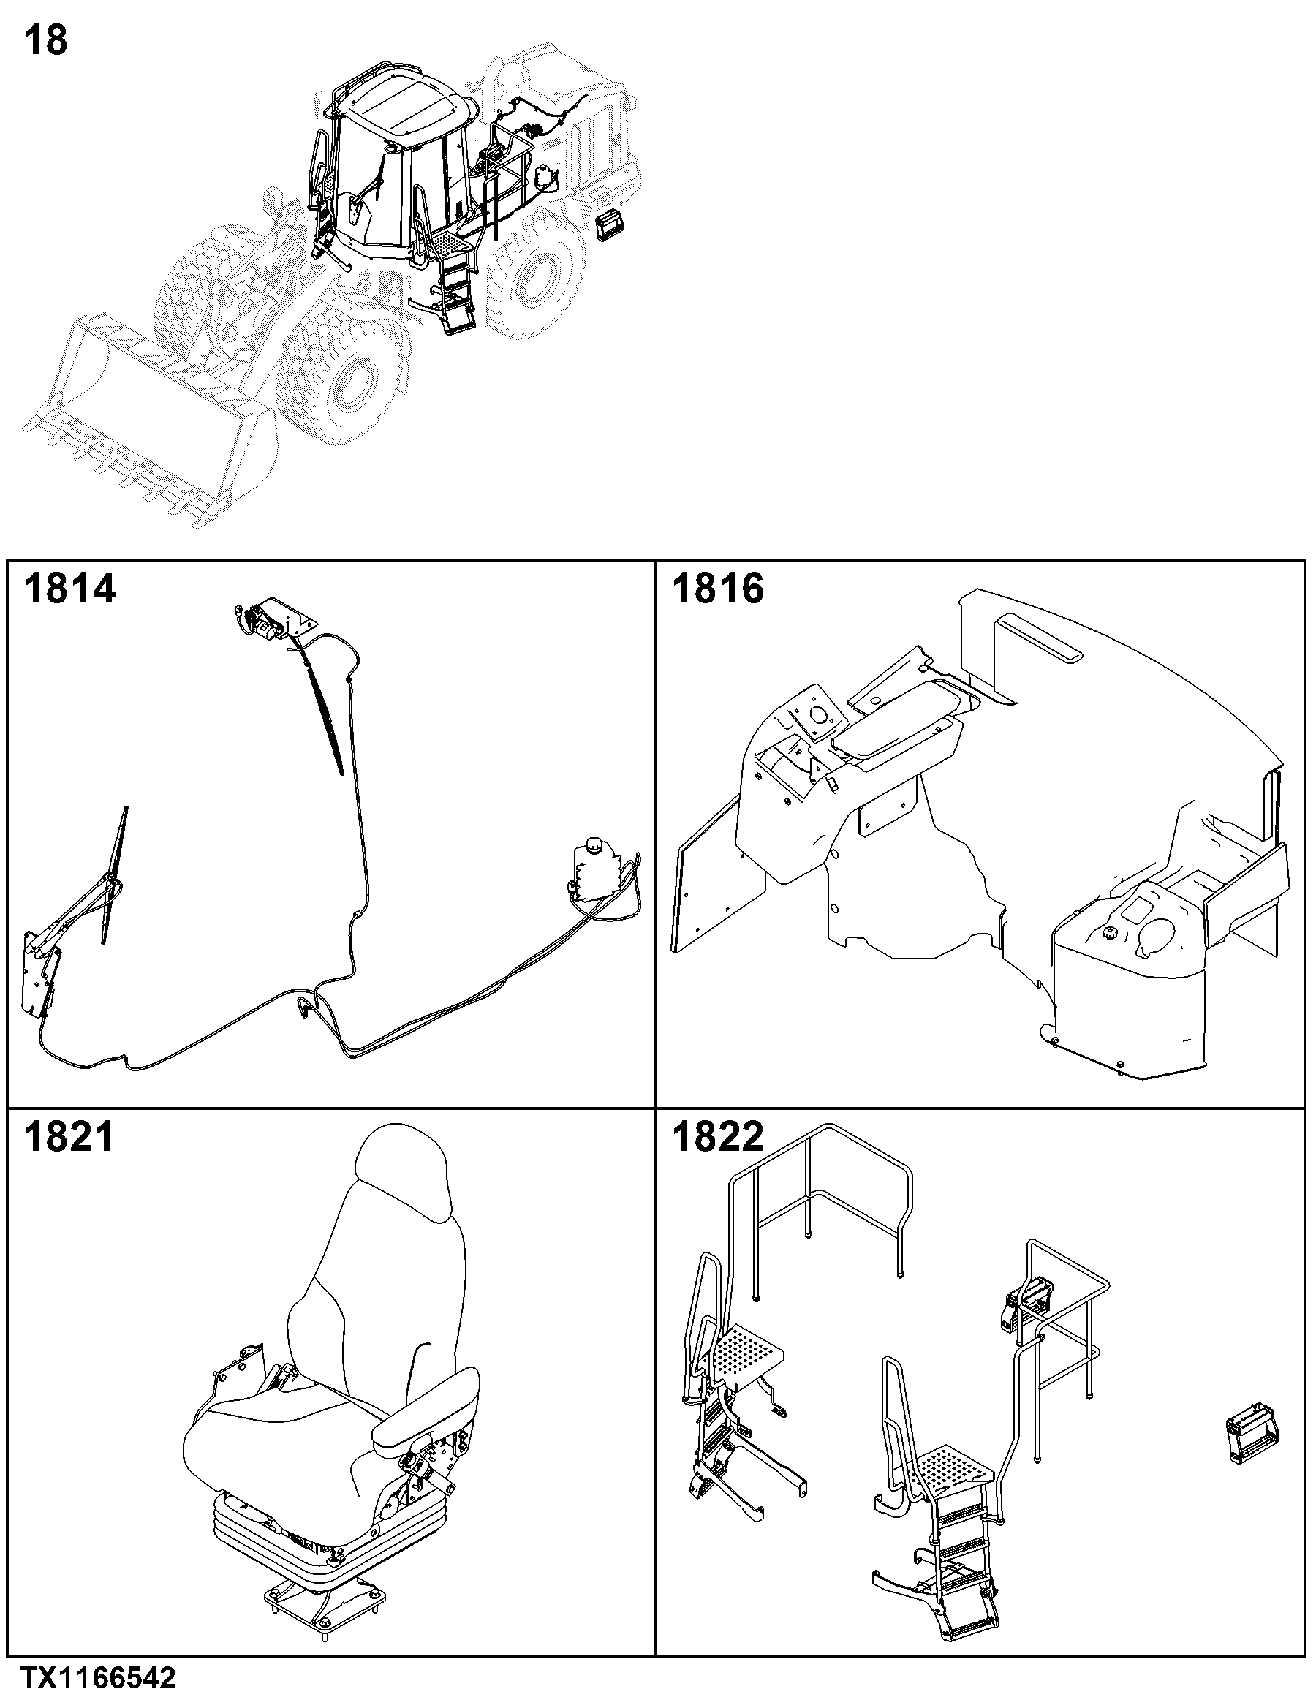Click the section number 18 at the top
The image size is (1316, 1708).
coord(46,41)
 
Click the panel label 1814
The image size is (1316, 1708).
coord(69,588)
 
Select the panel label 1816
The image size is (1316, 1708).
coord(718,588)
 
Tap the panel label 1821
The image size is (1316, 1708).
coord(69,1136)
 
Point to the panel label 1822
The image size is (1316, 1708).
coord(718,1136)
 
